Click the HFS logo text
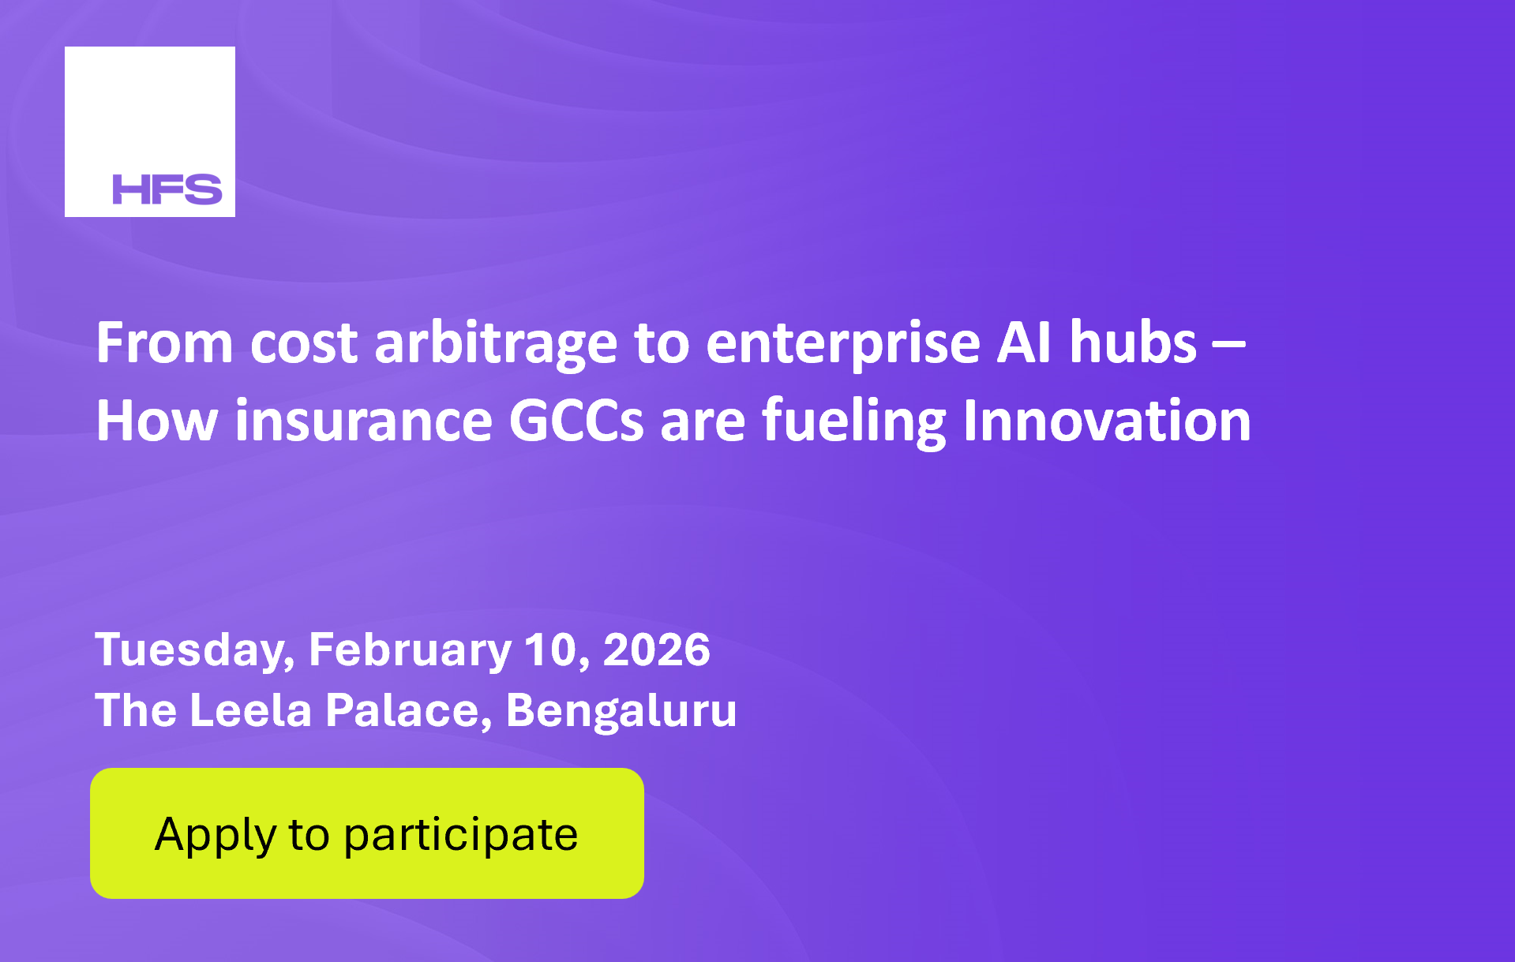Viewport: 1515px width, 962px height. (167, 189)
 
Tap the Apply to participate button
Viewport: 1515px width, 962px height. (367, 833)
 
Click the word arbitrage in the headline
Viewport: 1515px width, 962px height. (496, 345)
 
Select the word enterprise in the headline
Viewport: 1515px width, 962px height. (843, 345)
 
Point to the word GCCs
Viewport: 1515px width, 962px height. (576, 421)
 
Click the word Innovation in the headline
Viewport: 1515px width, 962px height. (1107, 421)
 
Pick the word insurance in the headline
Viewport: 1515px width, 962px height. (364, 421)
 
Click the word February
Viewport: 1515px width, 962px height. (410, 650)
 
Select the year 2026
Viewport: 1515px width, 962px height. (657, 649)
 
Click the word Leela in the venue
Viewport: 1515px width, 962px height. (251, 709)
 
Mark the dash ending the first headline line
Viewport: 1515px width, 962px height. (1228, 345)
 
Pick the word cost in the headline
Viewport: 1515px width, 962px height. (304, 345)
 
